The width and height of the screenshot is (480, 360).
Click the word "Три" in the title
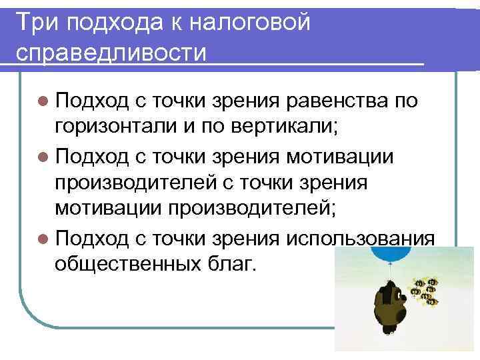tap(38, 23)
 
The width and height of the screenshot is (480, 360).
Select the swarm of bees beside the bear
tap(426, 291)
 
